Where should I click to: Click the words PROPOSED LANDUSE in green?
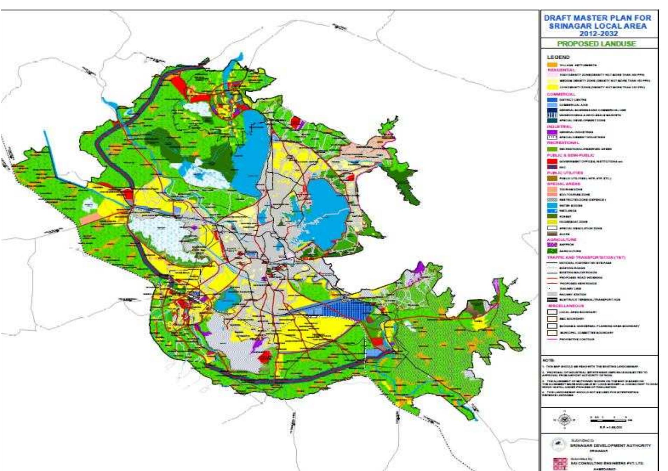[x=596, y=44]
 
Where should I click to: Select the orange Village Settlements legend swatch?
[x=552, y=65]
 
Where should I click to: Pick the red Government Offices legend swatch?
[x=552, y=161]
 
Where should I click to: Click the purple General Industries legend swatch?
[x=552, y=132]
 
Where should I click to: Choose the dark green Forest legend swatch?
[x=552, y=216]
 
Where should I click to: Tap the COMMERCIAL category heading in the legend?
[x=561, y=94]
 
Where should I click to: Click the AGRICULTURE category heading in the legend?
[x=562, y=240]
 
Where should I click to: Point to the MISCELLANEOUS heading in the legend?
[x=565, y=306]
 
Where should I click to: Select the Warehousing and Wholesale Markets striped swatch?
[x=552, y=115]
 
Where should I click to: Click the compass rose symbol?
[x=564, y=420]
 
